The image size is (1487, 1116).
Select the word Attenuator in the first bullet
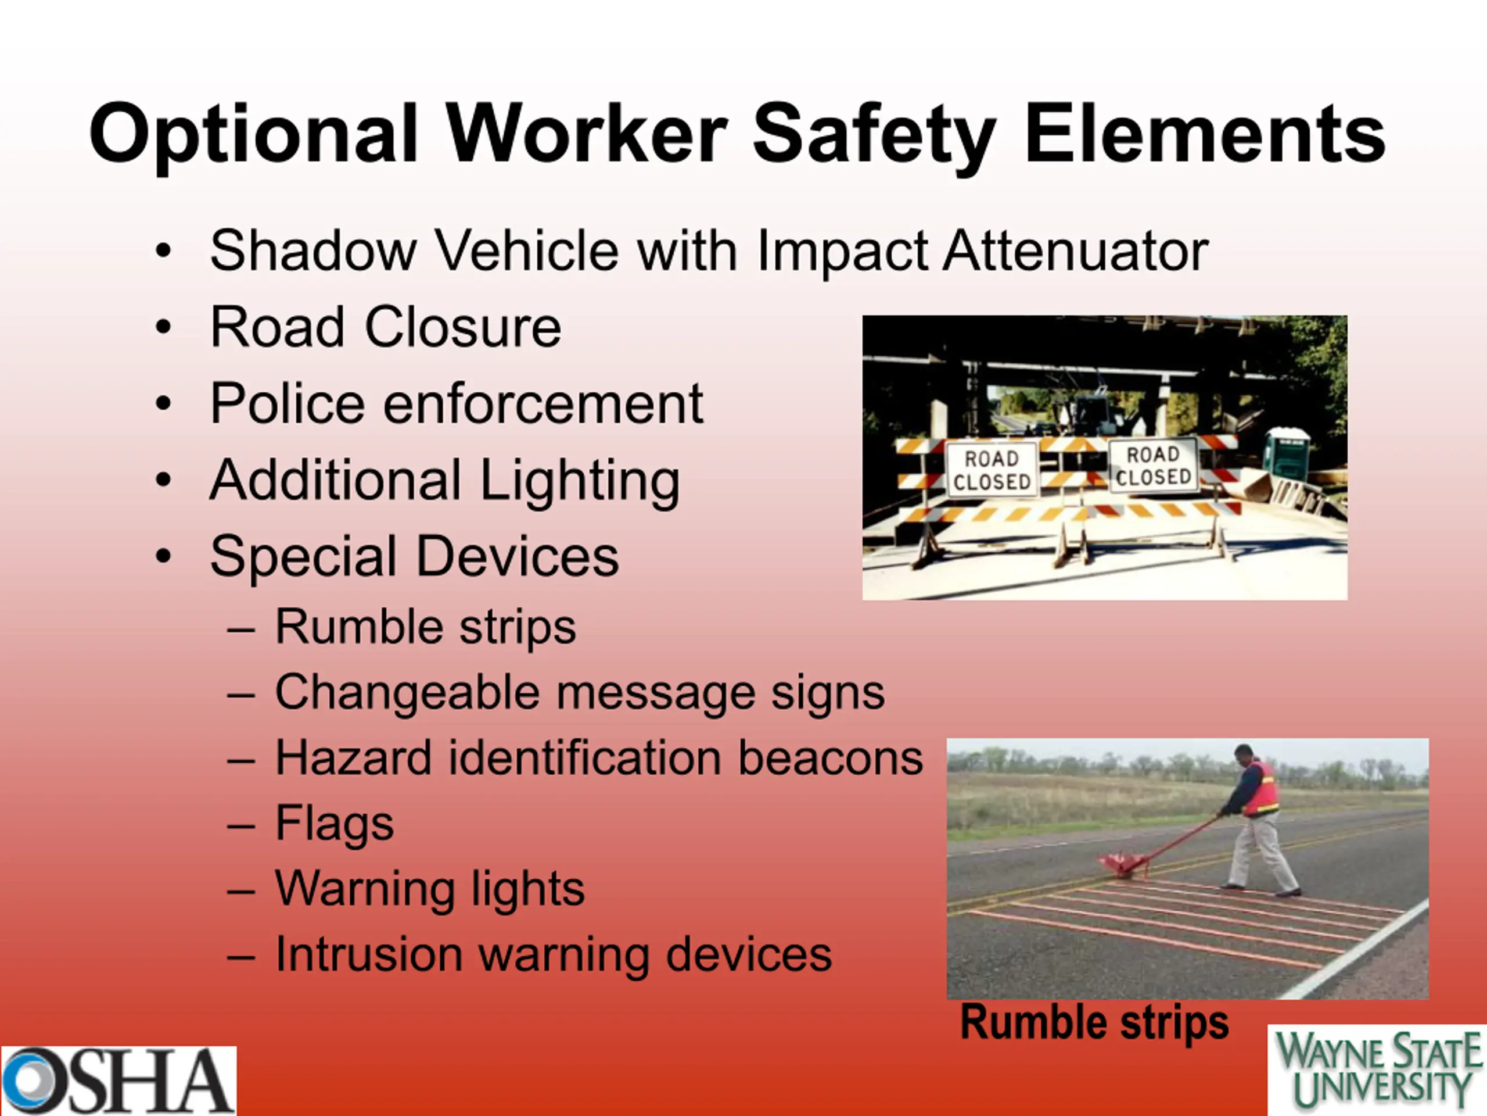[1076, 251]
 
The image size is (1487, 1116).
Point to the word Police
[288, 403]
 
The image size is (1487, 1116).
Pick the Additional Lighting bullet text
[445, 481]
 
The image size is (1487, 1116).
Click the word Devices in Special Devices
[518, 556]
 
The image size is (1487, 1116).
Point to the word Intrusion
[369, 954]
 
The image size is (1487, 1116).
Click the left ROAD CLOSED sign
[992, 470]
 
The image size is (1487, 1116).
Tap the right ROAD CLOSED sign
[1153, 466]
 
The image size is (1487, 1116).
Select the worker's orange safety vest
[1261, 788]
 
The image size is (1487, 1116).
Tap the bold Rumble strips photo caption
[1094, 1022]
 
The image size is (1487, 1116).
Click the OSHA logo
[118, 1081]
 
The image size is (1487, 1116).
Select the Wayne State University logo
[1377, 1070]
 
